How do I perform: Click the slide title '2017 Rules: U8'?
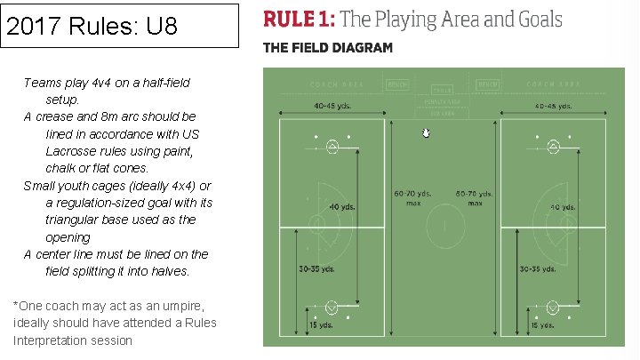click(92, 26)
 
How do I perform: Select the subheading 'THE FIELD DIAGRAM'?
click(327, 47)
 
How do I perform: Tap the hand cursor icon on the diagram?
click(426, 132)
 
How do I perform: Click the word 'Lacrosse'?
click(72, 150)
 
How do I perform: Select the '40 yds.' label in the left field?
click(342, 207)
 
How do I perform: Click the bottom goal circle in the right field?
click(554, 308)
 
